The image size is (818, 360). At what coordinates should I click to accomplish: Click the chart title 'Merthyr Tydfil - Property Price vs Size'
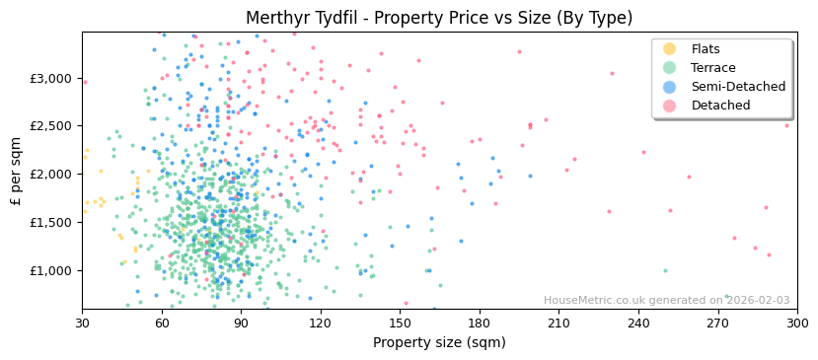pyautogui.click(x=439, y=18)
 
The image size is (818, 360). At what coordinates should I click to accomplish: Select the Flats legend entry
pyautogui.click(x=705, y=49)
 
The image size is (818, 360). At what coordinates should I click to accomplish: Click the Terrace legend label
pyautogui.click(x=712, y=68)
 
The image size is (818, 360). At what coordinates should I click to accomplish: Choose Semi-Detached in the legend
pyautogui.click(x=737, y=87)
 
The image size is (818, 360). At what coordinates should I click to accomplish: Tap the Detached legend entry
pyautogui.click(x=720, y=106)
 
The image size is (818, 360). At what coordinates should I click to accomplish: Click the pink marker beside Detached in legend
pyautogui.click(x=670, y=106)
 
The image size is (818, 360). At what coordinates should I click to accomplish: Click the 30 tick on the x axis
pyautogui.click(x=82, y=323)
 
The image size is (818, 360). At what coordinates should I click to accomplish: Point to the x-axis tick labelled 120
pyautogui.click(x=320, y=323)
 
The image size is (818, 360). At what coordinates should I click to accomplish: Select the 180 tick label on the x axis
pyautogui.click(x=479, y=323)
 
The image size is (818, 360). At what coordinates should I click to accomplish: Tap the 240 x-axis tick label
pyautogui.click(x=638, y=323)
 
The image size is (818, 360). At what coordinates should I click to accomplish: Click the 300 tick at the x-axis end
pyautogui.click(x=796, y=323)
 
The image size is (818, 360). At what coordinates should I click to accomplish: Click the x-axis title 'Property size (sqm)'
pyautogui.click(x=439, y=343)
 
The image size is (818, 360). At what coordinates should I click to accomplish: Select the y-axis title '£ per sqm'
pyautogui.click(x=16, y=171)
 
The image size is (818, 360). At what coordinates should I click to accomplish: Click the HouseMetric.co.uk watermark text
pyautogui.click(x=666, y=301)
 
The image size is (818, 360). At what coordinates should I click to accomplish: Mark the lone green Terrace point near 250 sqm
pyautogui.click(x=665, y=270)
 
